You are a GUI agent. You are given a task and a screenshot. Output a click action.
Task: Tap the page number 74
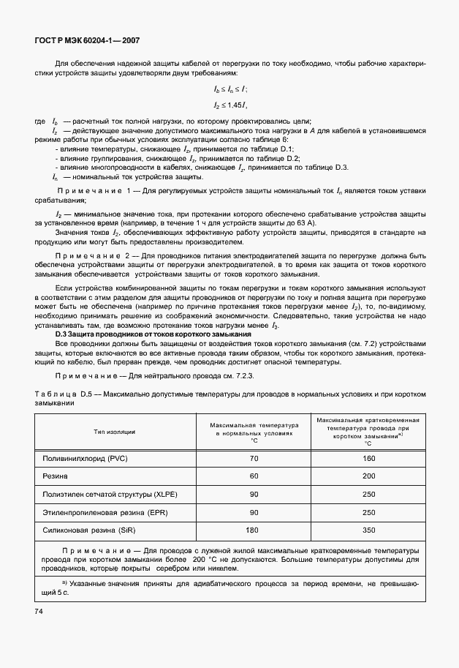[x=39, y=609]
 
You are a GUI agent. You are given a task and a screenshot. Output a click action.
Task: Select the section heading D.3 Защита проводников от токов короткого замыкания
[x=153, y=334]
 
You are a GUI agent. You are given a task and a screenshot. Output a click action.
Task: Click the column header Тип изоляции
[x=115, y=432]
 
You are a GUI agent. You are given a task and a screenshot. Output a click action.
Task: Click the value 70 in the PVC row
[x=254, y=458]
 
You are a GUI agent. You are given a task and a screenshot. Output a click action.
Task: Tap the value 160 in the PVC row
[x=368, y=458]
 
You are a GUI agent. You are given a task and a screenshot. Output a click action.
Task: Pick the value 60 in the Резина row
[x=254, y=476]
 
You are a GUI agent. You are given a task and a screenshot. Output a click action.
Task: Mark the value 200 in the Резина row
[x=368, y=476]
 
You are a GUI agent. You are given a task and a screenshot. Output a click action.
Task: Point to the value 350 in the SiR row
[x=368, y=530]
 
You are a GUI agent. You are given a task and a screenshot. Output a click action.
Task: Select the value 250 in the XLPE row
[x=368, y=494]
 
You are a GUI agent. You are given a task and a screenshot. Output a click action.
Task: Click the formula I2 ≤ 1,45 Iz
[x=230, y=105]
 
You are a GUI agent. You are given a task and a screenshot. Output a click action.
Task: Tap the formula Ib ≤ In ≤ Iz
[x=230, y=89]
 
